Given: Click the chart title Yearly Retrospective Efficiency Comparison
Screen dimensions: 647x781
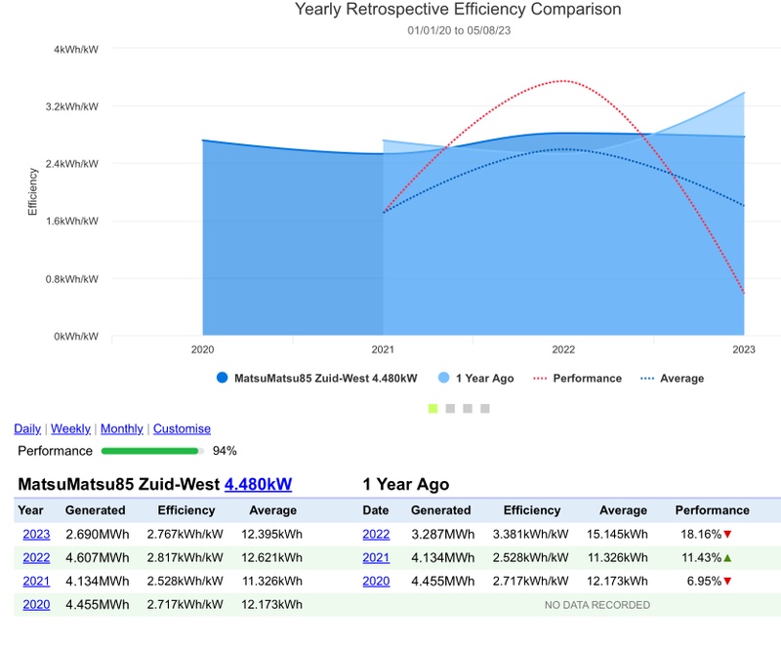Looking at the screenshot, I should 458,10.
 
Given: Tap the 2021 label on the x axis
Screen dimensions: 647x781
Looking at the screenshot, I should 383,349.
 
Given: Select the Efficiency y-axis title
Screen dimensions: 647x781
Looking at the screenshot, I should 32,191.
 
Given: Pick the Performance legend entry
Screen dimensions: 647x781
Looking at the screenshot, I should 587,379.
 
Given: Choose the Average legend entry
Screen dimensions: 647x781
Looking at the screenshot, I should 681,379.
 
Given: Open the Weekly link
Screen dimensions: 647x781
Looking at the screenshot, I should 70,428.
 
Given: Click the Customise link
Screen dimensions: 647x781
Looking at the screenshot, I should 182,428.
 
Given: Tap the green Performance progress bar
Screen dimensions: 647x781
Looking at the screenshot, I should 150,451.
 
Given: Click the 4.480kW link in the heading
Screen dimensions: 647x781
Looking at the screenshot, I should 258,484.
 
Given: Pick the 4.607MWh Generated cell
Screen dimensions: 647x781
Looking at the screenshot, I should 97,557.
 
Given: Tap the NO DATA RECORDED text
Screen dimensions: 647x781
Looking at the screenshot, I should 596,605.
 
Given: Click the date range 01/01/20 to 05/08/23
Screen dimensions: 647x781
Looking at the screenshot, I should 458,30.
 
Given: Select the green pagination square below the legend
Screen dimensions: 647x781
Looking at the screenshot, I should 432,408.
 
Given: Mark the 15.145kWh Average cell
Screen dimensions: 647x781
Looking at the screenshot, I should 623,534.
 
